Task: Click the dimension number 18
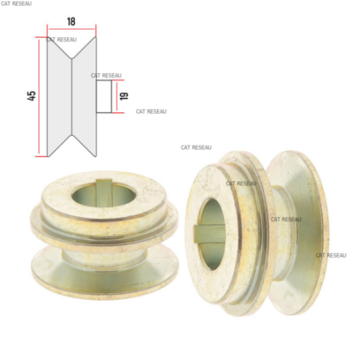tap(71, 22)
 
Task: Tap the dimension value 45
tap(31, 96)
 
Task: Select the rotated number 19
tap(124, 96)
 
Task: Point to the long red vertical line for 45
tap(39, 96)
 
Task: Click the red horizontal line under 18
tap(72, 29)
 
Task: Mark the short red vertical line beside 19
tap(116, 96)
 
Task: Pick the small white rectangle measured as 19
tap(104, 96)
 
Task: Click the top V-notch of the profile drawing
tap(72, 57)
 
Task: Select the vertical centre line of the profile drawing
tap(72, 96)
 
